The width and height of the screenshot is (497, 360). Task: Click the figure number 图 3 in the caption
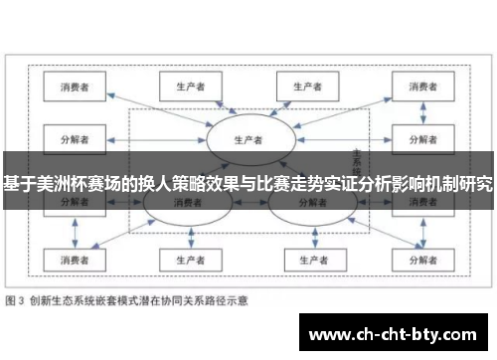tap(17, 298)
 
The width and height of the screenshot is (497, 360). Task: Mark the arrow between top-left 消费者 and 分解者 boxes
tap(73, 111)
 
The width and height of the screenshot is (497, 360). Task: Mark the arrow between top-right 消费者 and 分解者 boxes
tap(422, 111)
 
